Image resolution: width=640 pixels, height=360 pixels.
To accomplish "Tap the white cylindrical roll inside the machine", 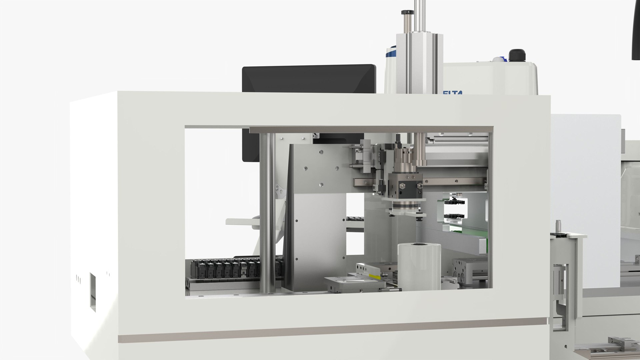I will coord(419,267).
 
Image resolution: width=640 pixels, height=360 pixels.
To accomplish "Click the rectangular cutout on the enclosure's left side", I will coord(92,292).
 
